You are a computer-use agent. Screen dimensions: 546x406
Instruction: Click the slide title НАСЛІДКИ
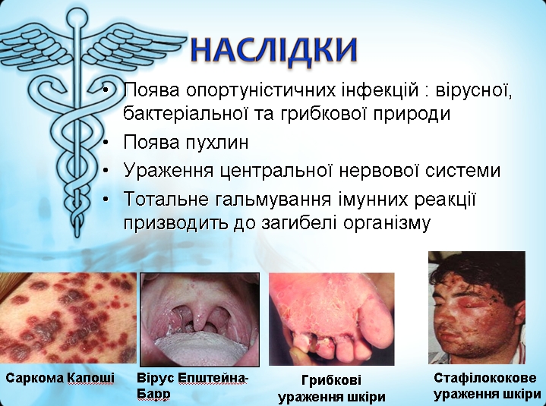tap(274, 50)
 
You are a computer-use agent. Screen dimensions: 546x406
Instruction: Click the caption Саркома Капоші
tap(60, 378)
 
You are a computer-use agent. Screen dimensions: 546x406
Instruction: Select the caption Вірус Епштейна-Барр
tap(192, 386)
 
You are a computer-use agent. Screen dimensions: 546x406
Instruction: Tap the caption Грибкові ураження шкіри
tap(332, 389)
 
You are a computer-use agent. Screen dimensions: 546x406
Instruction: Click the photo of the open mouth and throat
tap(200, 319)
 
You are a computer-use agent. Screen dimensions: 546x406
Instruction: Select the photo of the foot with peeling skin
tap(332, 319)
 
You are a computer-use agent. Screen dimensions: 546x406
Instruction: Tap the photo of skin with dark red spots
tap(68, 318)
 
